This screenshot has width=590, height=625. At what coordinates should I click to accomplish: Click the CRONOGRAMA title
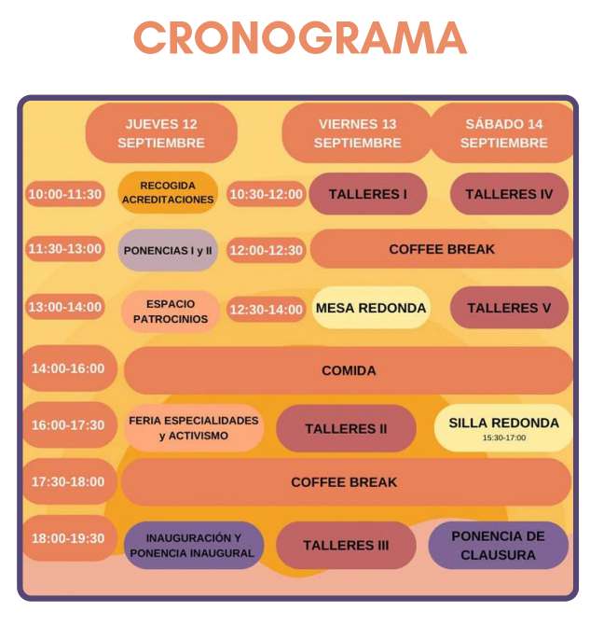(299, 38)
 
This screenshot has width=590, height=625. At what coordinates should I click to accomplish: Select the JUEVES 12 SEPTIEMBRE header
(161, 133)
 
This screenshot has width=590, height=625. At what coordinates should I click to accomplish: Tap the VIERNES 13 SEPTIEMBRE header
(357, 133)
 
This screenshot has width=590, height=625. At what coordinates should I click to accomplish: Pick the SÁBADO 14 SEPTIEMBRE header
(503, 133)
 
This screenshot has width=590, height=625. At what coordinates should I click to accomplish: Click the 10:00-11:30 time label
(65, 194)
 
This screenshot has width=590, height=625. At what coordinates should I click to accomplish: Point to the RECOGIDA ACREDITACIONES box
(168, 193)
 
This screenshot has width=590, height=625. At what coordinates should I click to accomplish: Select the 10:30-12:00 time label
(267, 194)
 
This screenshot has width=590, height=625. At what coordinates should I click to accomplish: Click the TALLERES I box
(368, 194)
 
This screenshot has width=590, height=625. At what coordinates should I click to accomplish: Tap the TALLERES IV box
(509, 194)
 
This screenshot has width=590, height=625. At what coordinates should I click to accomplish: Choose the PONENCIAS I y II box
(168, 250)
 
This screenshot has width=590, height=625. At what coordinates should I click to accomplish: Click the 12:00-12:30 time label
(267, 250)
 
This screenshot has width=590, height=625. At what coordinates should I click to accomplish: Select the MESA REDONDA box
(371, 308)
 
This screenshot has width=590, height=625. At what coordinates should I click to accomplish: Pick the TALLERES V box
(509, 308)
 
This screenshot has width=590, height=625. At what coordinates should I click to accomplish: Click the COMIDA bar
(349, 370)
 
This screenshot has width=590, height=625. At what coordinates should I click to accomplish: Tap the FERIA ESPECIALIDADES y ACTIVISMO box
(194, 428)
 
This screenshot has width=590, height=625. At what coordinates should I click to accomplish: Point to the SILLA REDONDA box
(503, 427)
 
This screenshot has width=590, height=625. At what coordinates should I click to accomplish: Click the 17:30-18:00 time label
(68, 482)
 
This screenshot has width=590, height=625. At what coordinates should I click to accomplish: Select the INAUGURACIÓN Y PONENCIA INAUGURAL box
(193, 546)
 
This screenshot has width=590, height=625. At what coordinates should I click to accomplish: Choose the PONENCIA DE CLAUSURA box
(499, 546)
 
